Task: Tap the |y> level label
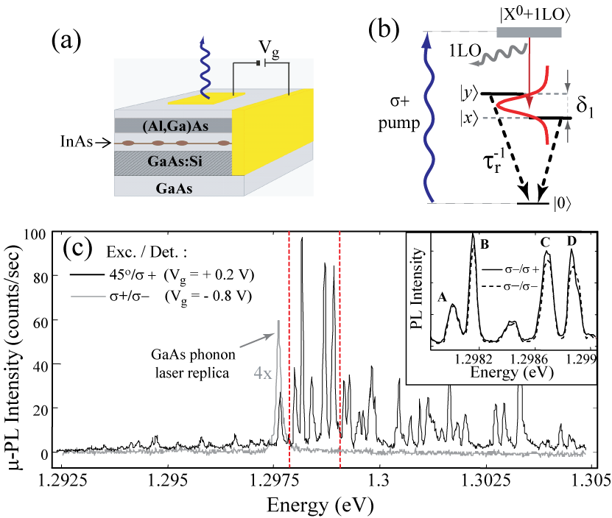click(468, 93)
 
